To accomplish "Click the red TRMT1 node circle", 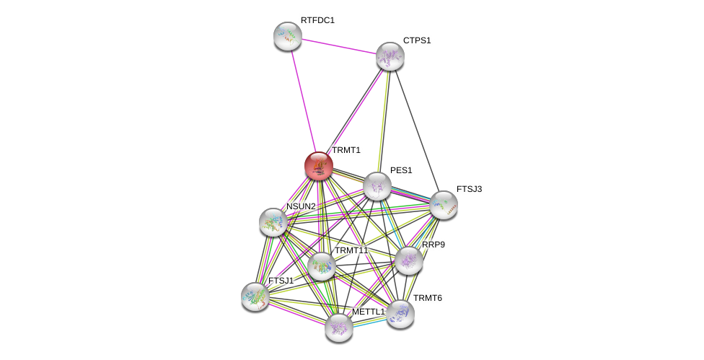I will [x=318, y=165].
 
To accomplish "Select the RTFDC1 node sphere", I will [x=287, y=36].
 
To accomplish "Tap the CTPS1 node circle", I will [x=390, y=56].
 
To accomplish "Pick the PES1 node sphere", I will [x=377, y=186].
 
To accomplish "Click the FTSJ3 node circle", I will [x=443, y=205].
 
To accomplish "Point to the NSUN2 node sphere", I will [x=273, y=222].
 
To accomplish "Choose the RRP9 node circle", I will [x=408, y=260].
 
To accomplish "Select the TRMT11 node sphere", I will [x=321, y=266].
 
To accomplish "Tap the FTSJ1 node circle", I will [x=255, y=296].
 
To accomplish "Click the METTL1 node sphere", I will [x=338, y=328].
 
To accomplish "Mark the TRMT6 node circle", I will [x=400, y=314].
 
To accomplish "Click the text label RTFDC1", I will [x=317, y=20].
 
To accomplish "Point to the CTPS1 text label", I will [x=416, y=40].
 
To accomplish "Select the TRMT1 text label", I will [x=346, y=150].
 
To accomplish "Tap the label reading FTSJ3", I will [x=469, y=189].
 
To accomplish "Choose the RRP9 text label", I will [x=434, y=245].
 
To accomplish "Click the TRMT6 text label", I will [x=427, y=298].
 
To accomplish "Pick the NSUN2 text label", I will [x=300, y=206].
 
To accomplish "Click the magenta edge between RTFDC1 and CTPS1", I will [x=338, y=46].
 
